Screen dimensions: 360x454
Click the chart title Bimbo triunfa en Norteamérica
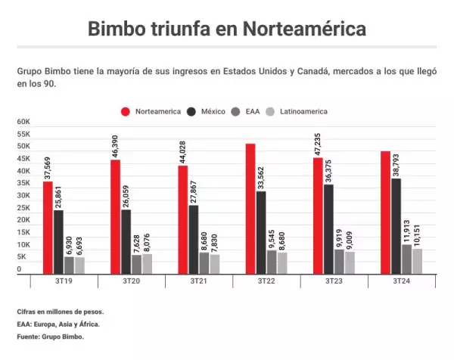pyautogui.click(x=227, y=29)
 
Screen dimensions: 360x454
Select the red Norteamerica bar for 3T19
pyautogui.click(x=48, y=227)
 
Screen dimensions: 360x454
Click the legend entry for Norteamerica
pyautogui.click(x=151, y=111)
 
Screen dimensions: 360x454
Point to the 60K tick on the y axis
pyautogui.click(x=23, y=122)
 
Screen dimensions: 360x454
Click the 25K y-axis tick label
pyautogui.click(x=23, y=208)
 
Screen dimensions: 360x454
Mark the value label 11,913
pyautogui.click(x=406, y=226)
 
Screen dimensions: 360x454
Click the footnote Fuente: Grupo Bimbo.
pyautogui.click(x=50, y=337)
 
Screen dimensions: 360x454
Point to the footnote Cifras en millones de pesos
pyautogui.click(x=60, y=312)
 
